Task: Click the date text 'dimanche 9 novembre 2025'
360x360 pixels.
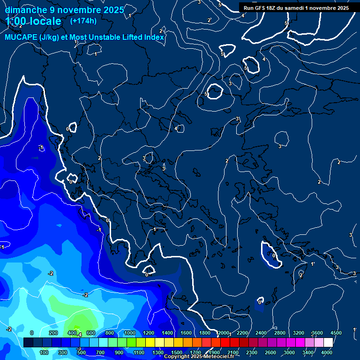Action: click(x=64, y=10)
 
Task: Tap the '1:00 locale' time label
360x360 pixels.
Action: click(x=34, y=21)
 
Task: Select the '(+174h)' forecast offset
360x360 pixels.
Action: click(x=83, y=21)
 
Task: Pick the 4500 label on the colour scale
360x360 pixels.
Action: click(x=336, y=333)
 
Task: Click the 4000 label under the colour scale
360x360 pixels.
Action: click(x=327, y=352)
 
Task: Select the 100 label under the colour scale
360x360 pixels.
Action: click(x=44, y=352)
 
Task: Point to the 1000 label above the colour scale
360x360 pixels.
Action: click(x=130, y=333)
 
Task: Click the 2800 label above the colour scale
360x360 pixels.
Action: click(x=280, y=333)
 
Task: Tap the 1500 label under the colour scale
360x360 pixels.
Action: click(x=177, y=352)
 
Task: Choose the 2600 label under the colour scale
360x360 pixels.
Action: click(x=270, y=352)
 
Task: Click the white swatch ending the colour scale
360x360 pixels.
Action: click(x=328, y=343)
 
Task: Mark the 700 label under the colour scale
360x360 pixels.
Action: click(x=100, y=352)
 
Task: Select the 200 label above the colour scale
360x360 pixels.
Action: click(x=53, y=333)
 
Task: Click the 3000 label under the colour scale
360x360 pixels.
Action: click(x=289, y=352)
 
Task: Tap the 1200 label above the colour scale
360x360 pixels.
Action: click(x=149, y=333)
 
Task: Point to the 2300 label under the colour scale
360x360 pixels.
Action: click(x=252, y=352)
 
